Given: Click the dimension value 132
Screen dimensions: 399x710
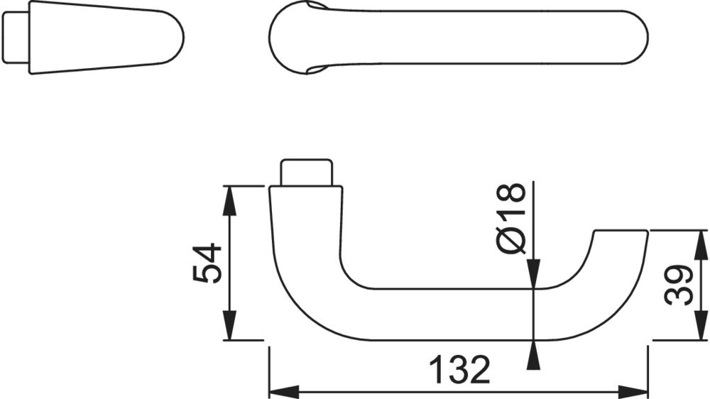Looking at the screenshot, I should click(460, 370).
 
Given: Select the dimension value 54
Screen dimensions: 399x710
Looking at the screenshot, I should click(208, 263).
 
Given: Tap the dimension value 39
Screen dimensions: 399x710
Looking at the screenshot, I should click(679, 285).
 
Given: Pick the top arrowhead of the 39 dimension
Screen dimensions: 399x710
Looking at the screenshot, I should click(700, 244).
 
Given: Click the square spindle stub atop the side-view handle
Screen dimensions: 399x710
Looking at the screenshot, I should click(307, 173).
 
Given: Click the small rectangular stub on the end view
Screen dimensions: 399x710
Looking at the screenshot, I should click(14, 38).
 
